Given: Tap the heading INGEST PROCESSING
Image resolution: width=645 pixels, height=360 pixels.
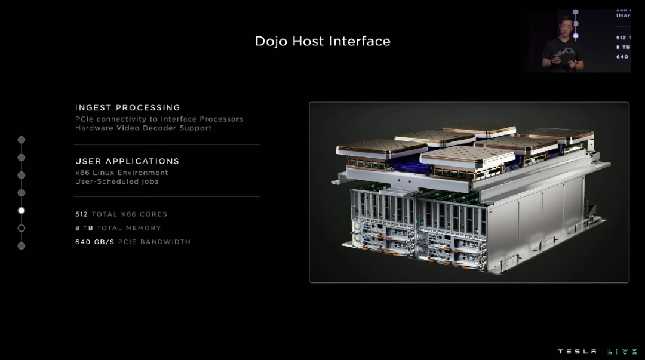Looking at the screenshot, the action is pos(128,107).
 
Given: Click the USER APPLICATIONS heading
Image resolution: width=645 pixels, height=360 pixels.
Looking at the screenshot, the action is pos(127,161).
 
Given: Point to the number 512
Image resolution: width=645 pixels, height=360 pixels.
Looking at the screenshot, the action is pos(81,214).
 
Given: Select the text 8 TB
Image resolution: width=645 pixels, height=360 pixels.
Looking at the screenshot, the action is pos(84,228).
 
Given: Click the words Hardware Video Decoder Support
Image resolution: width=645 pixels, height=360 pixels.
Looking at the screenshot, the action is pos(143,128).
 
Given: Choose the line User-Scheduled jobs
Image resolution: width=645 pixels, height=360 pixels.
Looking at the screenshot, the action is pos(117,181).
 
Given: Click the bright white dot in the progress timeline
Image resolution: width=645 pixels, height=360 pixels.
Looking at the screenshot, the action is pos(21,210).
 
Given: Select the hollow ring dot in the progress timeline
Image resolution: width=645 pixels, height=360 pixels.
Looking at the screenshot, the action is pos(21,228).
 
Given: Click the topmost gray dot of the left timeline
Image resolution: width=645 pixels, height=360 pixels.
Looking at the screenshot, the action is pos(21,140).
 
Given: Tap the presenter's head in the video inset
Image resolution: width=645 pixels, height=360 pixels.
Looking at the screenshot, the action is pos(563,27).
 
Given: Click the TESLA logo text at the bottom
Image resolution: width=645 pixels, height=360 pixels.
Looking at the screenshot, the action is pos(577,352).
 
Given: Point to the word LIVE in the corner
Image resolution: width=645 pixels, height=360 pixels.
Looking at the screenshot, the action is pos(622,352).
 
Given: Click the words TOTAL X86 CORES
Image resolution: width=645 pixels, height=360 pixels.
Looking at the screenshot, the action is pos(129,214).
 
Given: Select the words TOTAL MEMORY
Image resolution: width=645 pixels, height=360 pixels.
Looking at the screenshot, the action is pos(128,228).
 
